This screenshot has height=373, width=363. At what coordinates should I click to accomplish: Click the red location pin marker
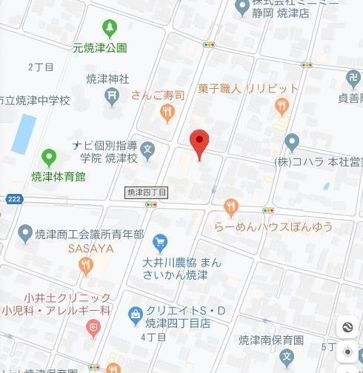coord(199,142)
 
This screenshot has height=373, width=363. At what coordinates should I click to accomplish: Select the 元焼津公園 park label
coord(100,48)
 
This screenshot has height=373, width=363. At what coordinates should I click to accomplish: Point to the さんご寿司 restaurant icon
coord(167,112)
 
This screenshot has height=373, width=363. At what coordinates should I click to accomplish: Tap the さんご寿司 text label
coord(156,95)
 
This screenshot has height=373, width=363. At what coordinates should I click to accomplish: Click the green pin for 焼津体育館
coord(49,157)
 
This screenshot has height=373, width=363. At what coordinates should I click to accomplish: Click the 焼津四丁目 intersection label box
coord(147,192)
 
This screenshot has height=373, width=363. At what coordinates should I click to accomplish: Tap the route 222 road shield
coord(13,199)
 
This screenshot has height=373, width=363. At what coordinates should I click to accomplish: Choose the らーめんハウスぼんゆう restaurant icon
coord(231,206)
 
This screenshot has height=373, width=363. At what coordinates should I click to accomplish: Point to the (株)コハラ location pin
coord(291,142)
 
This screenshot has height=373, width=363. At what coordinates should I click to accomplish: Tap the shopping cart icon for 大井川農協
coord(159,241)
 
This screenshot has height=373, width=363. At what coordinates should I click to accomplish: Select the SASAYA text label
coord(90,249)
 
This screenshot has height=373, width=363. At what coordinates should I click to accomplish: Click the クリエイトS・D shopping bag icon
coord(135,314)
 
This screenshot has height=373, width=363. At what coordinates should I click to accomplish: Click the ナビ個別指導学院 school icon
coord(148,150)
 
